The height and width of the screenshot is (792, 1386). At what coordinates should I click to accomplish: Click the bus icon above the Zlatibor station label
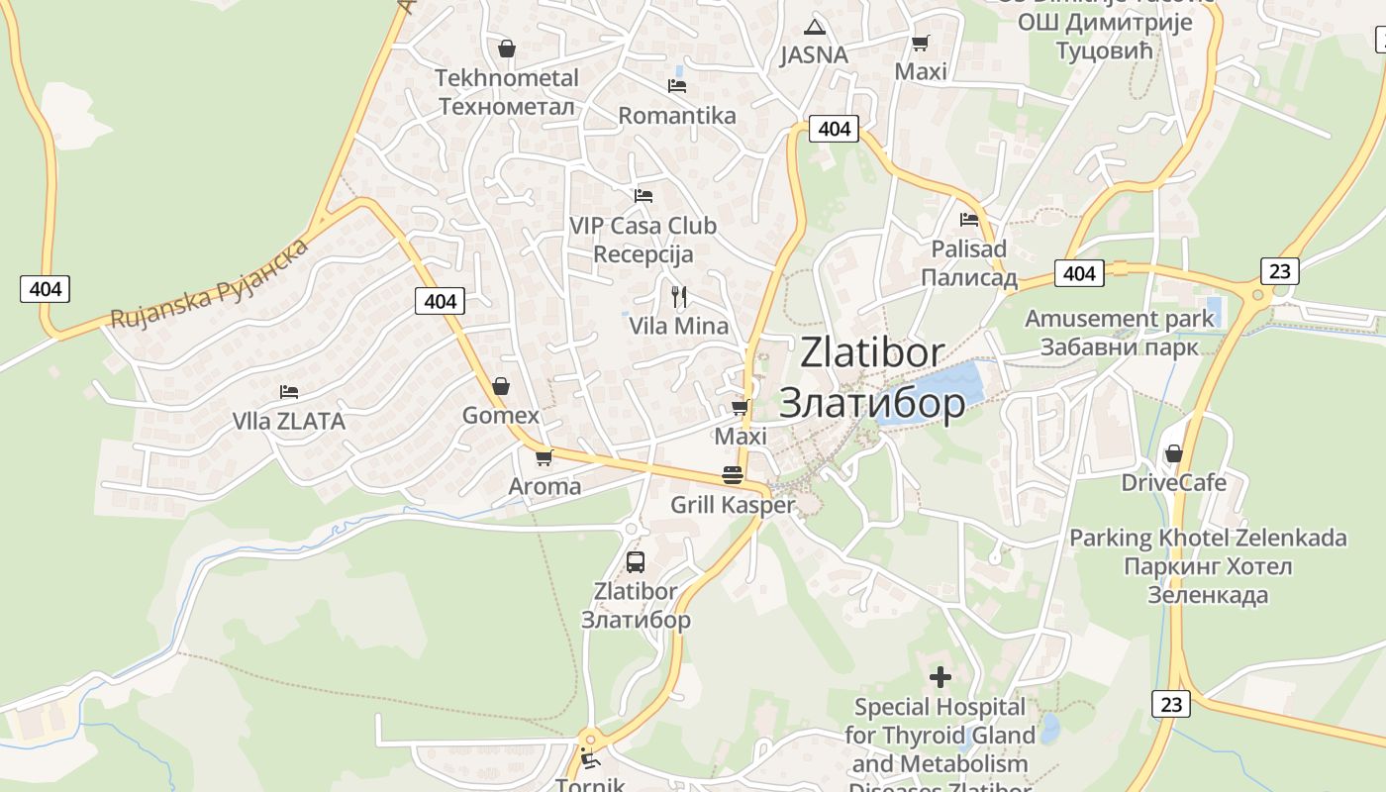tap(636, 562)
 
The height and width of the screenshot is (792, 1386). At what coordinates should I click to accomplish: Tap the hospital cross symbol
tap(940, 677)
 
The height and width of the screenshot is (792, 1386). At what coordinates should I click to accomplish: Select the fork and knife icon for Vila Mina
tap(679, 296)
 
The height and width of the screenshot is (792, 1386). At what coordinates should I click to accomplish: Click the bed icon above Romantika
tap(677, 86)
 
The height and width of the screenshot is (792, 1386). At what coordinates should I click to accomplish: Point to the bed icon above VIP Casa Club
tap(643, 196)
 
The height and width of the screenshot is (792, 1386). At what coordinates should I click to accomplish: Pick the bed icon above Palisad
tap(969, 220)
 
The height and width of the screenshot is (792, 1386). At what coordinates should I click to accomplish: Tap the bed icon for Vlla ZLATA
tap(289, 392)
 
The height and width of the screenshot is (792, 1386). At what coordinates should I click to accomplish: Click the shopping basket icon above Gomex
tap(501, 386)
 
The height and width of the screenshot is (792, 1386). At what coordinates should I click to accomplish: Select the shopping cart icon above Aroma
tap(544, 457)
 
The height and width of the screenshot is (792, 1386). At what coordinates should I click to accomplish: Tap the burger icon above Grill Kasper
tap(733, 475)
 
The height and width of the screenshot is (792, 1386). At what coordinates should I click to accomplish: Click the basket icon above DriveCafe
tap(1173, 453)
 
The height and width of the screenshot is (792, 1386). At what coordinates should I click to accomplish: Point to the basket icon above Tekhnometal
tap(507, 49)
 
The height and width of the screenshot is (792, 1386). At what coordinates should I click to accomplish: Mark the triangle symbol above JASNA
tap(814, 27)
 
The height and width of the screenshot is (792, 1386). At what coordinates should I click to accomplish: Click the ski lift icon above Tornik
tap(589, 760)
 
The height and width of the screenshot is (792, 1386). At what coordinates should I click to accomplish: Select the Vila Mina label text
tap(678, 326)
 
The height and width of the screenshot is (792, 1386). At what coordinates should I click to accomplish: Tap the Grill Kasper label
tap(733, 505)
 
